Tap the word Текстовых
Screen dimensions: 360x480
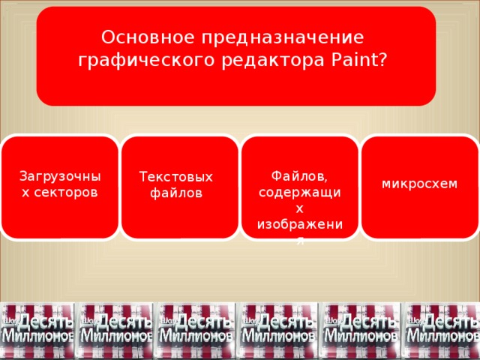tap(176, 177)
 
